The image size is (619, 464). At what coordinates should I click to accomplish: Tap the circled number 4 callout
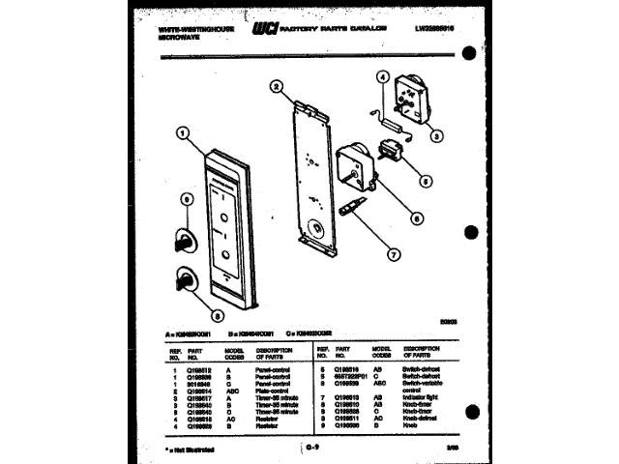[x=382, y=77]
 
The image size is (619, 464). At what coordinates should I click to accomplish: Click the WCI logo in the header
[x=265, y=30]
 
